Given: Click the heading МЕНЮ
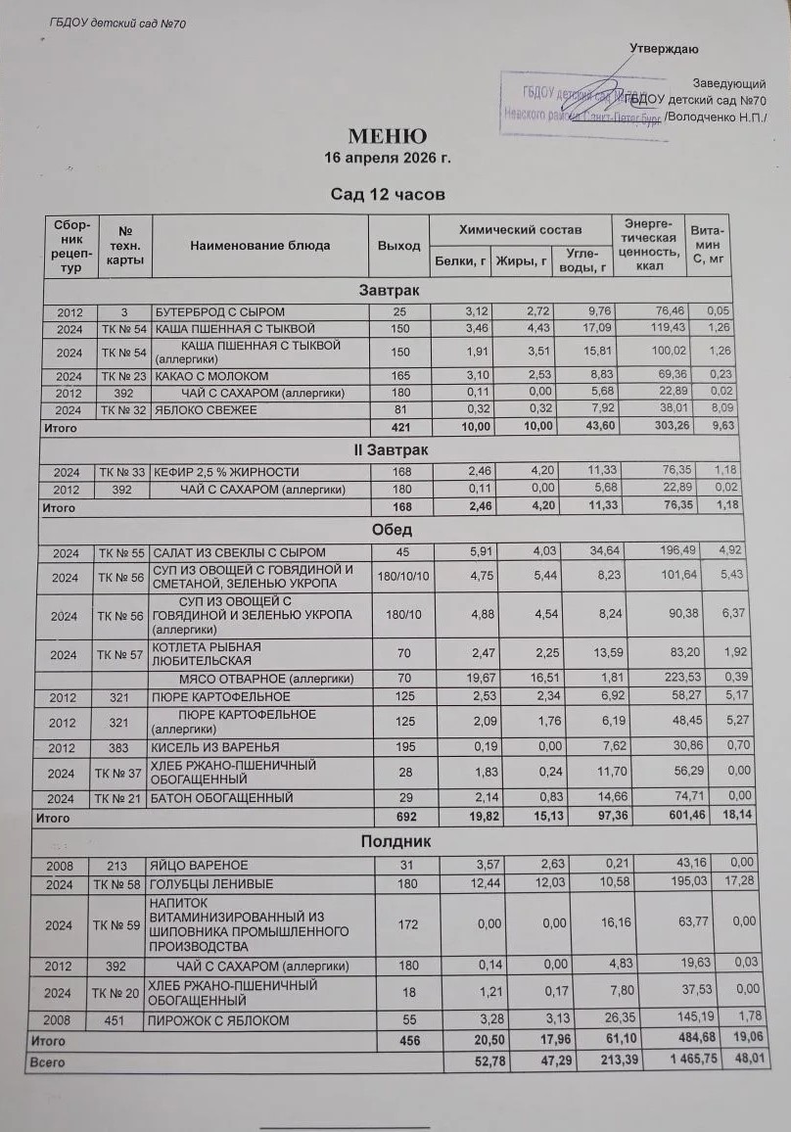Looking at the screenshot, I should pyautogui.click(x=387, y=135).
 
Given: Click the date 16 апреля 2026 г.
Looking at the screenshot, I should pyautogui.click(x=388, y=157).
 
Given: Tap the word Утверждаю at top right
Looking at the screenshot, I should pyautogui.click(x=664, y=49).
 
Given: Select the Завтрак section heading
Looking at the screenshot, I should pyautogui.click(x=389, y=291).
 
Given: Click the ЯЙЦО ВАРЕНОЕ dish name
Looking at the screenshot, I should pyautogui.click(x=198, y=866).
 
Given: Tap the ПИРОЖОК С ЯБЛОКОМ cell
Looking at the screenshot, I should pyautogui.click(x=218, y=1021).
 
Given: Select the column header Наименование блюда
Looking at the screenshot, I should pyautogui.click(x=260, y=246).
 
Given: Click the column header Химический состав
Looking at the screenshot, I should pyautogui.click(x=520, y=229).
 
